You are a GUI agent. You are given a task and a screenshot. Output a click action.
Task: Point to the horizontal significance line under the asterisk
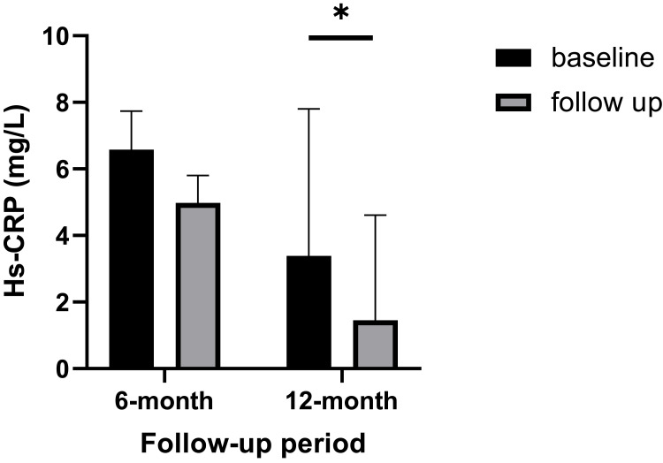(341, 37)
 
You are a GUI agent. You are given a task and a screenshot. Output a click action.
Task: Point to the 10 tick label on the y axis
(56, 36)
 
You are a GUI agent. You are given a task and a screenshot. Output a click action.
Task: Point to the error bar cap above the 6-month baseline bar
(131, 111)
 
